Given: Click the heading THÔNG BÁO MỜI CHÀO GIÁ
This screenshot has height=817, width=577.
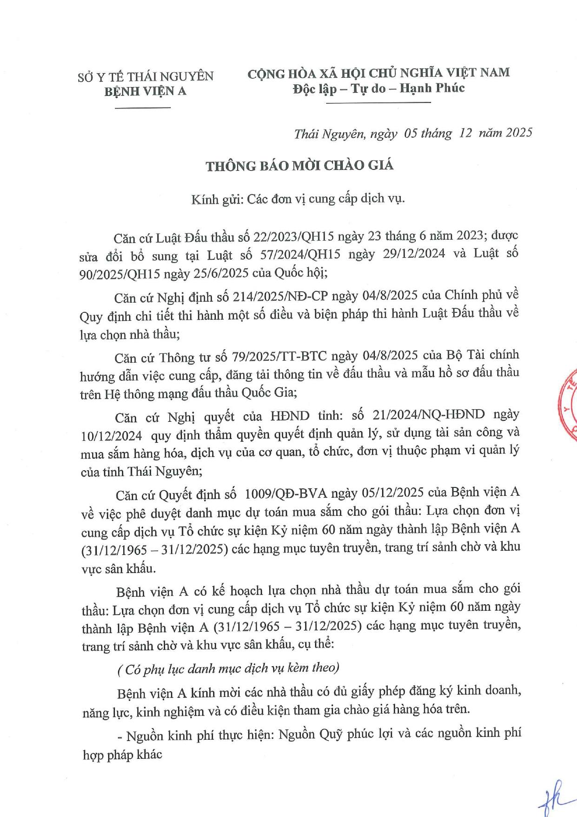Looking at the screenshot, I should point(299,166).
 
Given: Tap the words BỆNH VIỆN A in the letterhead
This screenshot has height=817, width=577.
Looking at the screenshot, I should point(145,91).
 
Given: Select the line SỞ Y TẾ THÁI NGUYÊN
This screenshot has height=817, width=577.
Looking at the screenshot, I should point(146,76).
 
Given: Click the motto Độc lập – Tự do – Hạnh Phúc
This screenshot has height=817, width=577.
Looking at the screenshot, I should point(378,88).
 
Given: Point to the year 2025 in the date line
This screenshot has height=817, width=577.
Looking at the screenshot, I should point(519,133).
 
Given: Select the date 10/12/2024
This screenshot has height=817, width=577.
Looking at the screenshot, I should point(111,436).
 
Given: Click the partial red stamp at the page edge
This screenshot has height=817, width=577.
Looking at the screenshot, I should point(568,405).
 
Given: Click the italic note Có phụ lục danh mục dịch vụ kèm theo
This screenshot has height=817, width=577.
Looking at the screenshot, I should point(228,668).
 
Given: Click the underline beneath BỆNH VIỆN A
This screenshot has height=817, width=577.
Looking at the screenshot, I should point(142,108).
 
